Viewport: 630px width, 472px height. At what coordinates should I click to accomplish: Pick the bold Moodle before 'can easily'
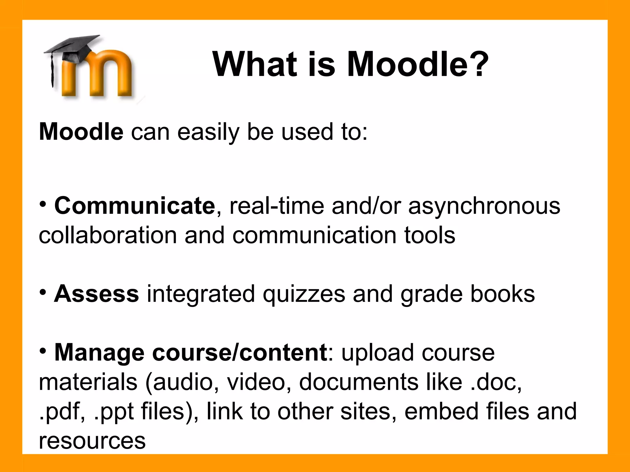[x=81, y=132]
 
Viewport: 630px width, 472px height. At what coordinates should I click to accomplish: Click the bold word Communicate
[x=135, y=206]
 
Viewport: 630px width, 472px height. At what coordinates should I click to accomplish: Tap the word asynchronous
[x=484, y=206]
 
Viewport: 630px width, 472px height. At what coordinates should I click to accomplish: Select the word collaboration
[x=108, y=235]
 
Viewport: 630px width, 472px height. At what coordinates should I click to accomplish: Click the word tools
[x=429, y=235]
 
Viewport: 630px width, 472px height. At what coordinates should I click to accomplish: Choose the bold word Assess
[x=96, y=294]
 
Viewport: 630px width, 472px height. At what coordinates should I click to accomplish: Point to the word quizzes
[x=304, y=294]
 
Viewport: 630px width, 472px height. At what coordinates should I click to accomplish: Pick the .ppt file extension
[x=114, y=412]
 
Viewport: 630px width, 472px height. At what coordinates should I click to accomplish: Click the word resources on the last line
[x=92, y=441]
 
